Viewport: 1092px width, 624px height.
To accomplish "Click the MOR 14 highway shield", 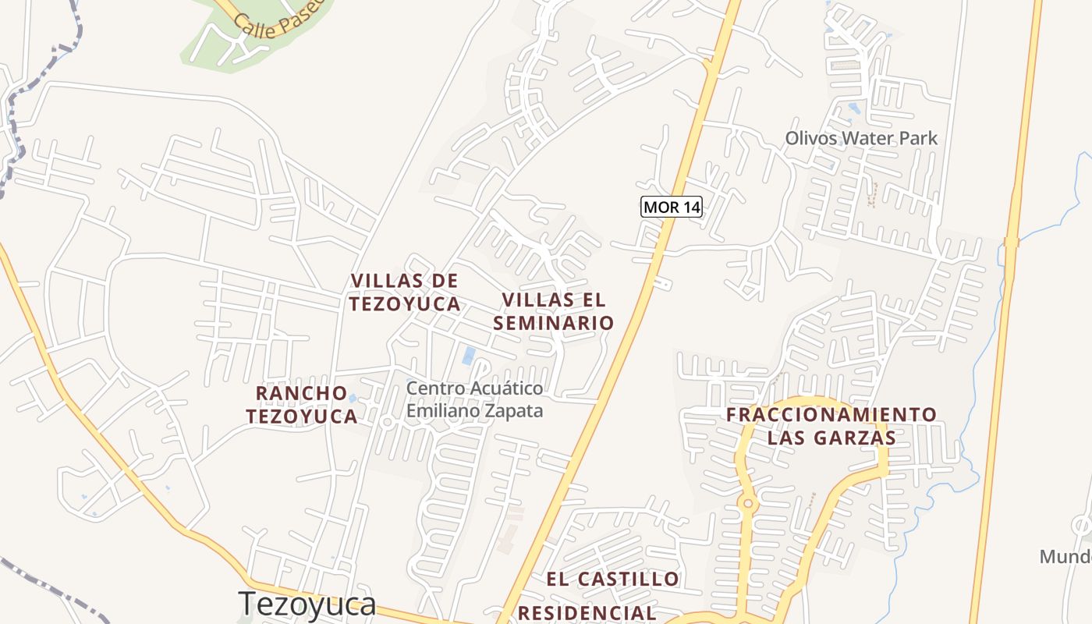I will (x=672, y=207).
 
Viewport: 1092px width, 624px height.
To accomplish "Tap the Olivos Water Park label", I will (x=861, y=138).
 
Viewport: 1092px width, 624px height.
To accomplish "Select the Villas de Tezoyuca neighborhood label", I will (x=404, y=292).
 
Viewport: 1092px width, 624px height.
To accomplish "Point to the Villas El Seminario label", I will (x=558, y=310).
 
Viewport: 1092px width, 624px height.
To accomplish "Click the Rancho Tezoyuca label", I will (x=302, y=404).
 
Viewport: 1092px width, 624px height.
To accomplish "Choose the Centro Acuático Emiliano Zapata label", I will (x=474, y=399).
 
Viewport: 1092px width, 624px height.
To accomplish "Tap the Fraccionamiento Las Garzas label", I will (x=831, y=425).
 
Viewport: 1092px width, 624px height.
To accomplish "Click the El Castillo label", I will (x=612, y=579).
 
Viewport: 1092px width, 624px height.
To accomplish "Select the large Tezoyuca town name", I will (x=307, y=604).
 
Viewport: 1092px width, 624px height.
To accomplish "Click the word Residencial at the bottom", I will (x=587, y=613).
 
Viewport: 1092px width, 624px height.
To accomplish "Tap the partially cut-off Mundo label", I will (x=1065, y=556).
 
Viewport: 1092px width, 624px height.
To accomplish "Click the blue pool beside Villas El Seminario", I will (x=469, y=356).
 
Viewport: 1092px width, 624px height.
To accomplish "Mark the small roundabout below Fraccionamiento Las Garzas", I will (x=748, y=504).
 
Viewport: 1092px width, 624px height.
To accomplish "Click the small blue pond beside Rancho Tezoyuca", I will (x=352, y=399).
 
